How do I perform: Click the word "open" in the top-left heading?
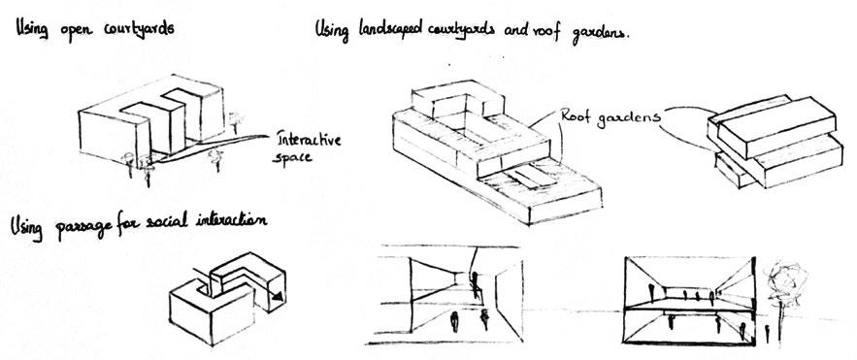click(71, 31)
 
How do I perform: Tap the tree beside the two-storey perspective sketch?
click(781, 280)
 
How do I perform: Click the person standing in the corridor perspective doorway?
click(476, 284)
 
